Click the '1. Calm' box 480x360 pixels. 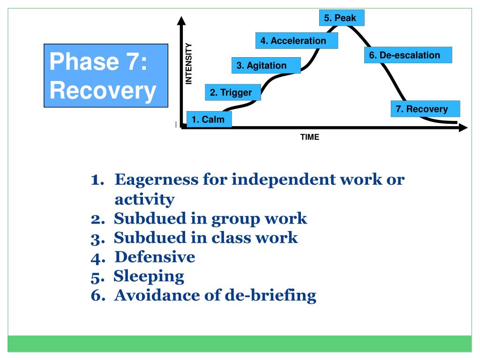tap(209, 120)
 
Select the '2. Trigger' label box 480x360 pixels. tap(231, 92)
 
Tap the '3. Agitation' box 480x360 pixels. tap(266, 66)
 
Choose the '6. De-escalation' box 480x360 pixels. tap(408, 55)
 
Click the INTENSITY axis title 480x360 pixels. tap(189, 63)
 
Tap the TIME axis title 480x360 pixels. tap(310, 137)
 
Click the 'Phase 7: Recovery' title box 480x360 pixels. tap(105, 76)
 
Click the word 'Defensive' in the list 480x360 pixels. tap(155, 257)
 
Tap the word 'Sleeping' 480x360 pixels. tap(149, 276)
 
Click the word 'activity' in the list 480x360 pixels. tap(144, 200)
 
